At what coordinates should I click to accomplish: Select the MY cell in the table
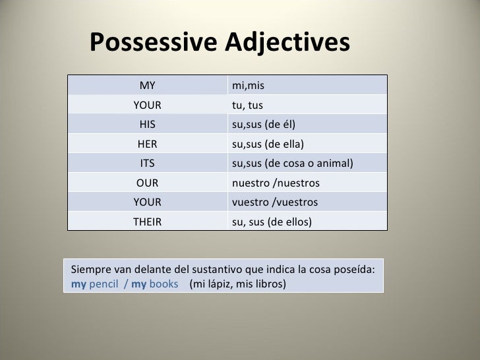click(147, 85)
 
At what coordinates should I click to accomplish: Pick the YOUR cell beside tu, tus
click(147, 105)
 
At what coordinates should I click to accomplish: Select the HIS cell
click(147, 124)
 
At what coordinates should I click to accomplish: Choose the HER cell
click(147, 144)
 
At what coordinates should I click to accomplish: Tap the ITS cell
click(147, 163)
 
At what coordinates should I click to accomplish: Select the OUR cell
click(147, 183)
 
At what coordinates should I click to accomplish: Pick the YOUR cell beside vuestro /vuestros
click(147, 202)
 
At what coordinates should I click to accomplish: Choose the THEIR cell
click(147, 222)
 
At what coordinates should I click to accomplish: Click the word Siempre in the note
click(91, 270)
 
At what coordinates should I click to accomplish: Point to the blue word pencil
click(104, 285)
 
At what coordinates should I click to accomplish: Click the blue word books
click(164, 285)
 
